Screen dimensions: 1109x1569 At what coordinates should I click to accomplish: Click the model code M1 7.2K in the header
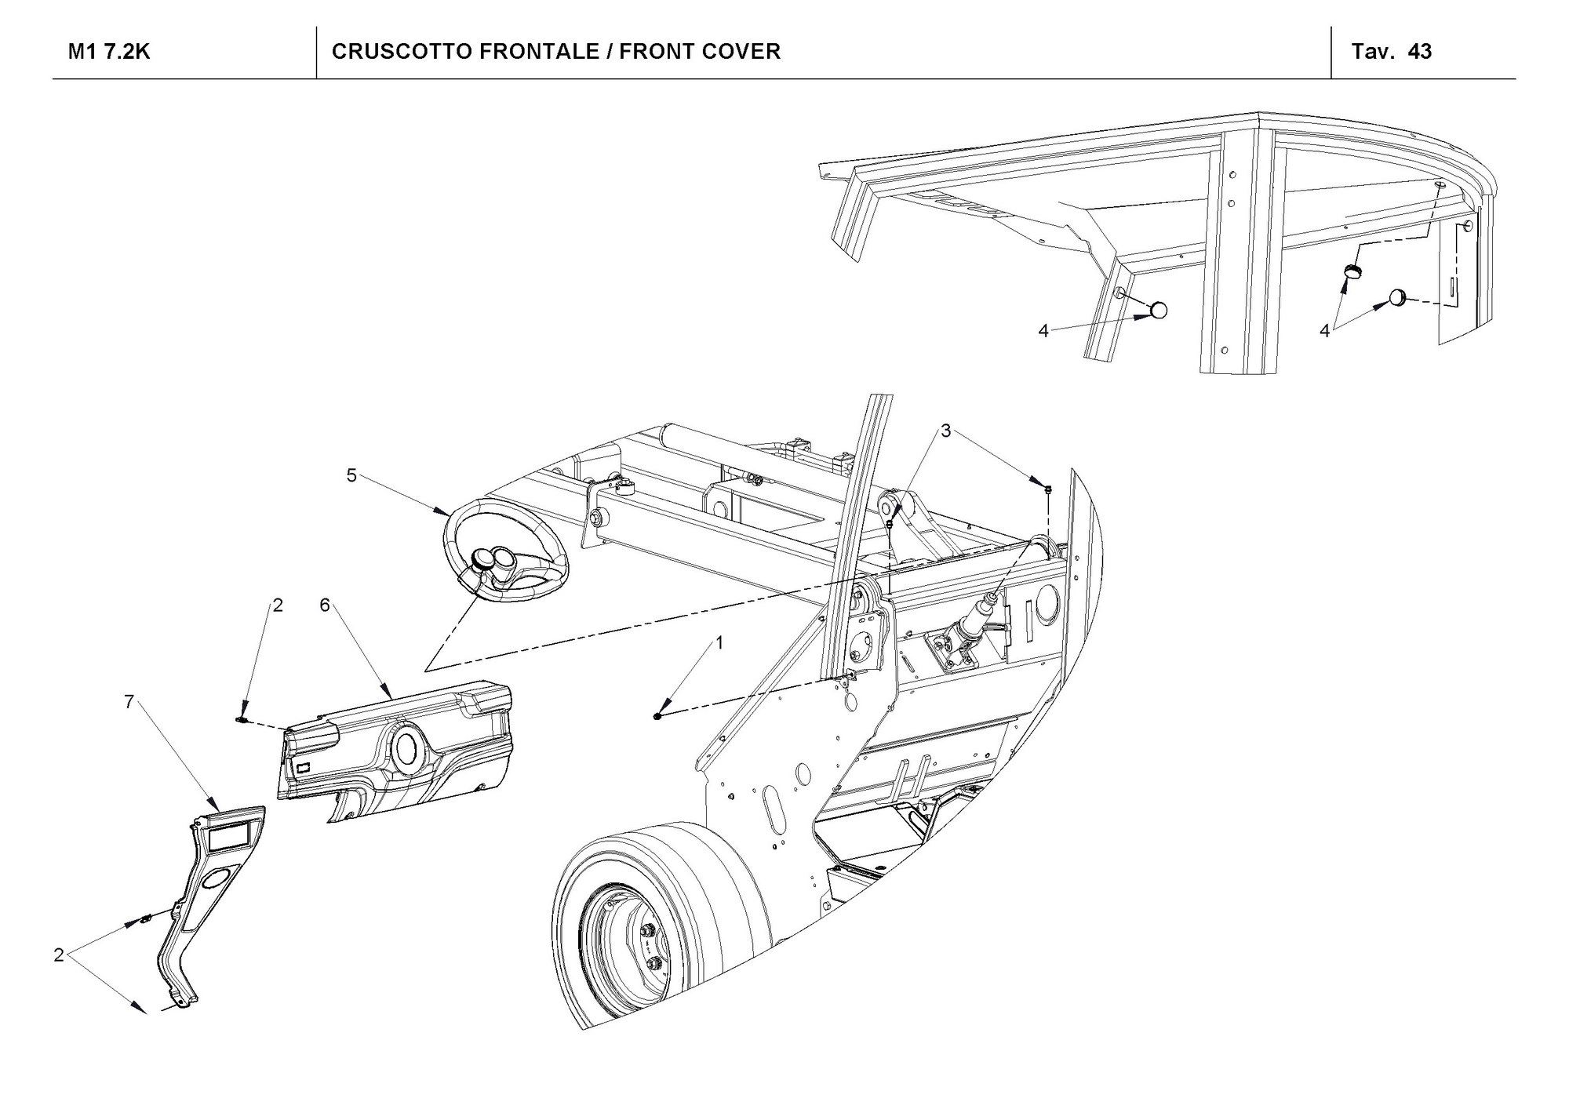point(109,52)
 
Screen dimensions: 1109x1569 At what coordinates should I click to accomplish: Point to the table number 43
point(1419,52)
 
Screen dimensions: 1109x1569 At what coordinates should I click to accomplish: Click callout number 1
point(719,643)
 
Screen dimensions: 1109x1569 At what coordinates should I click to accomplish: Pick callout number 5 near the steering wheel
point(351,475)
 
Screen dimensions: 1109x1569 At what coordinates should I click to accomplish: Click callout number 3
point(946,431)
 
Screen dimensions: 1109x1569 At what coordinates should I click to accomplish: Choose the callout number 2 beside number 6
point(277,605)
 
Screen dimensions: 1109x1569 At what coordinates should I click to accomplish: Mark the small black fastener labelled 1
point(657,715)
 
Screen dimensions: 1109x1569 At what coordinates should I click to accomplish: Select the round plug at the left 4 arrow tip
point(1159,310)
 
